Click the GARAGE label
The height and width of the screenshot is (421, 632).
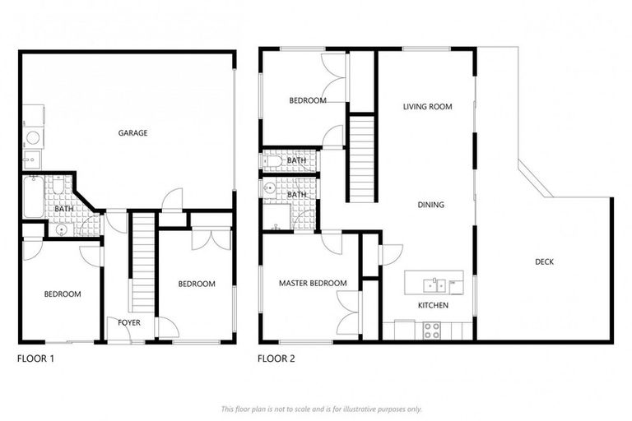(x=132, y=133)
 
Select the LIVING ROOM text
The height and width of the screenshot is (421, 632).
(x=427, y=107)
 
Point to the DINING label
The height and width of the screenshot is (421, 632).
(x=430, y=205)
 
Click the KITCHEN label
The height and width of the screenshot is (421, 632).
(x=433, y=306)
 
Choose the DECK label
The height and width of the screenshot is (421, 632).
(x=544, y=262)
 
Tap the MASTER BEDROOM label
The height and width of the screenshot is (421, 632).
(x=312, y=284)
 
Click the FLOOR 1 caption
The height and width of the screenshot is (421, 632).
(x=35, y=359)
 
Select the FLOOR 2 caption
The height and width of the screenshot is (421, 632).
(x=276, y=359)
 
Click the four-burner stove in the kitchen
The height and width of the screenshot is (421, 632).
(x=432, y=330)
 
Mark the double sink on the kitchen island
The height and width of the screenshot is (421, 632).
(x=430, y=285)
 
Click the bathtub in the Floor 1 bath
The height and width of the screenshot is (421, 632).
(x=33, y=197)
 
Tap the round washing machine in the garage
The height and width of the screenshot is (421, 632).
(x=33, y=138)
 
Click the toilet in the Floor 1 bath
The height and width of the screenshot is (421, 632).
(x=60, y=229)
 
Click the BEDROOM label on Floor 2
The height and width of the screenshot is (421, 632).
(x=307, y=101)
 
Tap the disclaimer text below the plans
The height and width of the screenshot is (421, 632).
(x=321, y=409)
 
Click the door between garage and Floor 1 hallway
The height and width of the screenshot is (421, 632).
(x=172, y=200)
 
